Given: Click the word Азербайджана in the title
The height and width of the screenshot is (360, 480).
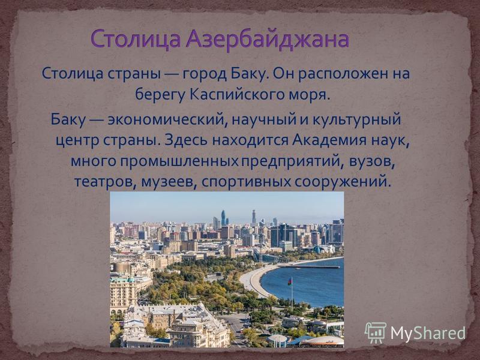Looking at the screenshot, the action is pyautogui.click(x=268, y=40).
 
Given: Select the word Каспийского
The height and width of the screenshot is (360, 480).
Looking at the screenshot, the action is pyautogui.click(x=245, y=95).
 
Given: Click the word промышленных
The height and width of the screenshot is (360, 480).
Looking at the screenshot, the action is pyautogui.click(x=179, y=161).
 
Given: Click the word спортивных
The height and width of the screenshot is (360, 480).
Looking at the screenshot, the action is pyautogui.click(x=246, y=182).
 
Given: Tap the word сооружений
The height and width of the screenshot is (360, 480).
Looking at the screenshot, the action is pyautogui.click(x=343, y=182).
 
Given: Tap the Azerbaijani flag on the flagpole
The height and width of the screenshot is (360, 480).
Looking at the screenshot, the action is pyautogui.click(x=290, y=281).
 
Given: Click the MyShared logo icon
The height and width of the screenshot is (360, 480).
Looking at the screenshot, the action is pyautogui.click(x=376, y=333).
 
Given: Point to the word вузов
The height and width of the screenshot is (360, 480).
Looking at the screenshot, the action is pyautogui.click(x=370, y=161).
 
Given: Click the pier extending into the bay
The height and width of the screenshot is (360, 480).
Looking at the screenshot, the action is pyautogui.click(x=309, y=267).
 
